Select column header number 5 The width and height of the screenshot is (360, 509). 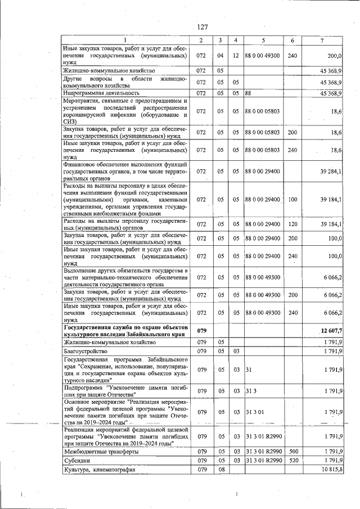pyautogui.click(x=263, y=40)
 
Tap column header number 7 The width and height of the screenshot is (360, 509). pyautogui.click(x=321, y=40)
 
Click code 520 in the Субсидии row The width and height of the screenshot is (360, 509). pyautogui.click(x=292, y=460)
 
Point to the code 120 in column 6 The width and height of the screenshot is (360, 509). pyautogui.click(x=292, y=224)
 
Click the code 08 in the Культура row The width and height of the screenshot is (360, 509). pyautogui.click(x=220, y=470)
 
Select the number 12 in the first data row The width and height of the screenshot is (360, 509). pyautogui.click(x=236, y=56)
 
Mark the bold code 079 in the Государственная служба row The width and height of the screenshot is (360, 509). pyautogui.click(x=201, y=331)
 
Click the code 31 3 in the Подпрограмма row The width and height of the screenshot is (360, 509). pyautogui.click(x=251, y=390)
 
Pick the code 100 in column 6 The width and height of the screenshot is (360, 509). pyautogui.click(x=292, y=199)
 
